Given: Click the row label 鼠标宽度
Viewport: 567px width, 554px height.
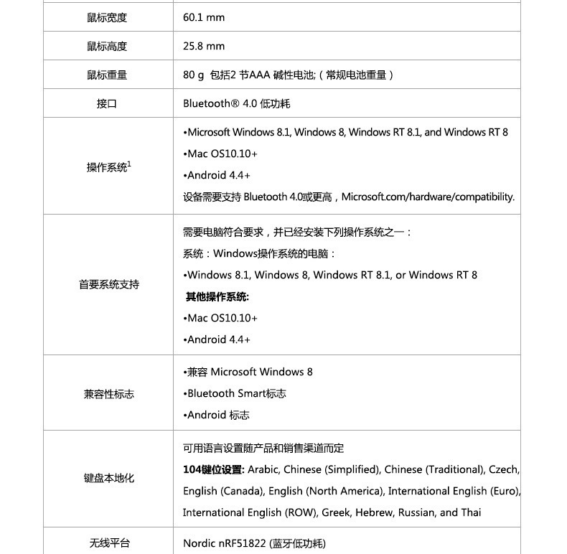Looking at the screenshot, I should coord(107,17).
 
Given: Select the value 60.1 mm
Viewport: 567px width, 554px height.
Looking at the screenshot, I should coord(204,17).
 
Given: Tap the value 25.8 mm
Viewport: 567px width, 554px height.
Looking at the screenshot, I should coord(204,46).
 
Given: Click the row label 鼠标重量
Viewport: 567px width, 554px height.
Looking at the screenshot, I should coord(107,75).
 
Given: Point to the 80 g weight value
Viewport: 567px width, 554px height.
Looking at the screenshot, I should coord(194,75).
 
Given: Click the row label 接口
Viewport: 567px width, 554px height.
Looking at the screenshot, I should coord(107,103).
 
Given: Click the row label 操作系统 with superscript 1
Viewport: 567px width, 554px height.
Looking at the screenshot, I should coord(108,167).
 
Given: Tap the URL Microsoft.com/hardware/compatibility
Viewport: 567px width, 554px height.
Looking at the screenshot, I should coord(428,197).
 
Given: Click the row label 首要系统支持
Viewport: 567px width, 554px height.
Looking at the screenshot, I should coord(108,285).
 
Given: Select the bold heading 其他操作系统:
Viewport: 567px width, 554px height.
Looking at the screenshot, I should coord(217,296).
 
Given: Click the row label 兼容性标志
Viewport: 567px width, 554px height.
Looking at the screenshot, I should coord(108,394).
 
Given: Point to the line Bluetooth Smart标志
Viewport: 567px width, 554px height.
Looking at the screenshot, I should coord(236,393).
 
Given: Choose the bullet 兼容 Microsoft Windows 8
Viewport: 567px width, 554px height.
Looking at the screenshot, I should coord(248,372).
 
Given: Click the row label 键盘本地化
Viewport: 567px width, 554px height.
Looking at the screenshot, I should coord(108,477).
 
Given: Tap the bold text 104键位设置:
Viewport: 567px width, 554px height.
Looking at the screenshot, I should coord(214,469).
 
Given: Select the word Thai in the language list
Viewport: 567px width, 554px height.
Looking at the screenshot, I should coord(471,512).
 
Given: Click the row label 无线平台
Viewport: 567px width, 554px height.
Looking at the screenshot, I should coord(109,543).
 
